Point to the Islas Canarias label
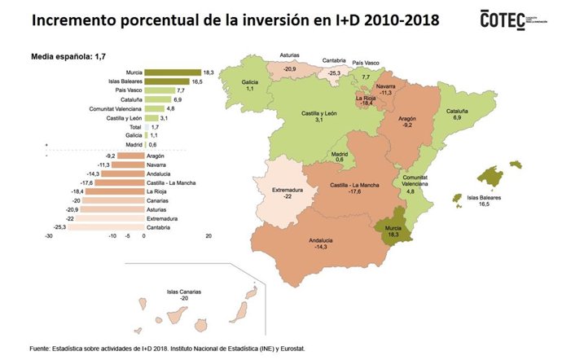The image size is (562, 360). click(184, 292)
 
